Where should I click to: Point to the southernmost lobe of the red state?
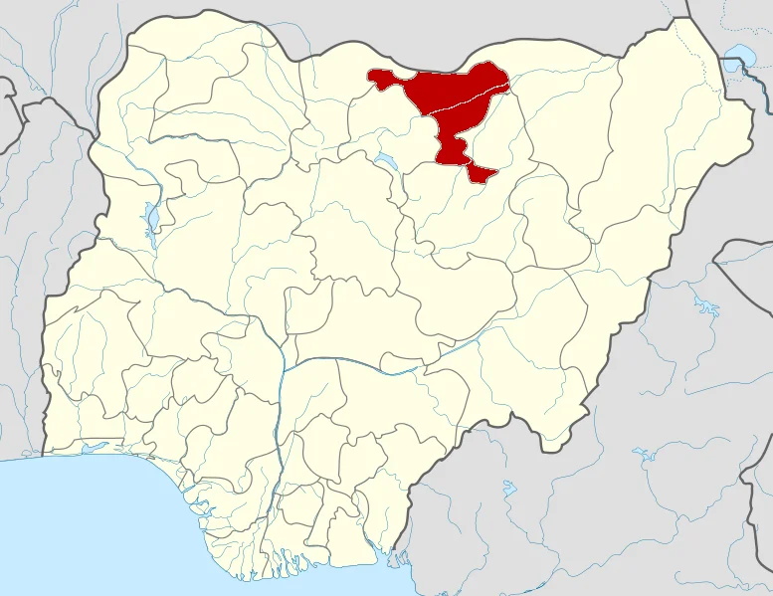click(482, 173)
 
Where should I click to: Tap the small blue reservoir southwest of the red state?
click(384, 159)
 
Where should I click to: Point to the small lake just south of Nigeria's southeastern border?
click(509, 489)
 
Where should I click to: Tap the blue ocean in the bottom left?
click(80, 527)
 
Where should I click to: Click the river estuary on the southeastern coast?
click(394, 553)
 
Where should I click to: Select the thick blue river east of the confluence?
click(398, 370)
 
